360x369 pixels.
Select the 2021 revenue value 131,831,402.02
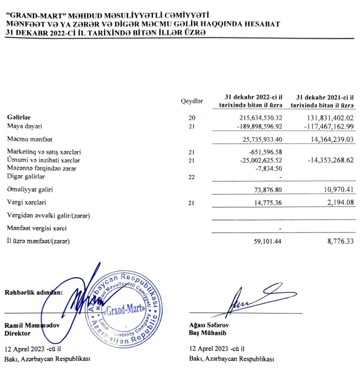[325, 117]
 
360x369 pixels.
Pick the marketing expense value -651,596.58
[259, 153]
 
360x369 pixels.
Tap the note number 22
[192, 177]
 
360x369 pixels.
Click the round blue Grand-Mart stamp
[125, 310]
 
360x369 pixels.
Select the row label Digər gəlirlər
[26, 176]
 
